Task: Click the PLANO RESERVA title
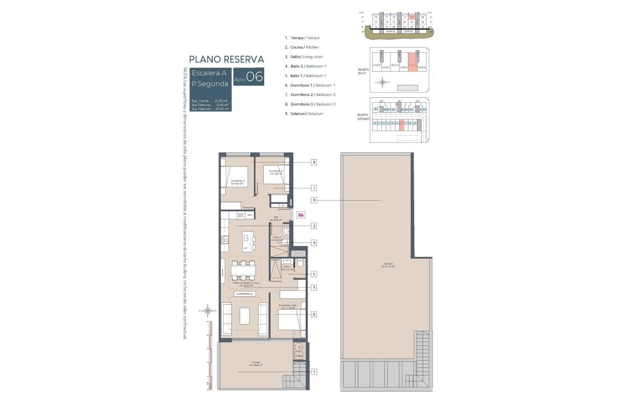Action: point(227,59)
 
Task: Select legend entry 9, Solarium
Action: point(304,114)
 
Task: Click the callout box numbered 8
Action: point(314,162)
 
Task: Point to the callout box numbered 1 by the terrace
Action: point(314,371)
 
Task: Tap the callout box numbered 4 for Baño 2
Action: point(314,243)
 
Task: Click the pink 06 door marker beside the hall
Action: point(301,215)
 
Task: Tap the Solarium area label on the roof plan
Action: point(388,265)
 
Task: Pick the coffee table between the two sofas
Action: point(245,316)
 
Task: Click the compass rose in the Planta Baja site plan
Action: point(382,82)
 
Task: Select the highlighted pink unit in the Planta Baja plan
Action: point(413,60)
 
